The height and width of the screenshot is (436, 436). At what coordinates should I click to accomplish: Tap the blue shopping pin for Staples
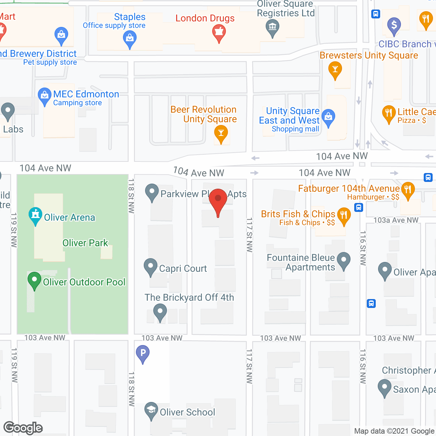point(130,38)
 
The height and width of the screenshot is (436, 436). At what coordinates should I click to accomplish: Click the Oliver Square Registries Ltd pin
point(272,27)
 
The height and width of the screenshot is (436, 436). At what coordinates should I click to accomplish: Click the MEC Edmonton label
point(86,94)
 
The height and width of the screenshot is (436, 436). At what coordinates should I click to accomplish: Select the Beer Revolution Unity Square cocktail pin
point(221,134)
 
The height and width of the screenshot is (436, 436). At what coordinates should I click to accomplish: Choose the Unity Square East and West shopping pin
point(328,117)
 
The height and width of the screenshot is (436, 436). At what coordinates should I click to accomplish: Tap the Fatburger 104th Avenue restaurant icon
point(408,190)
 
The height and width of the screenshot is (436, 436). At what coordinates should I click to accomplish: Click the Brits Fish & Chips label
point(298,214)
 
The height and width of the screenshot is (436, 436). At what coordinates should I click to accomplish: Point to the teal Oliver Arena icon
point(35,215)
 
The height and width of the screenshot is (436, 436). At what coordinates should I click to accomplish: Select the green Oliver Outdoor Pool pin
point(34,280)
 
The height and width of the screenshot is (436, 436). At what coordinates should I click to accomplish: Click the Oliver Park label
point(85,243)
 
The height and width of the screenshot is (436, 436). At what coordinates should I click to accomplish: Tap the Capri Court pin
point(150,266)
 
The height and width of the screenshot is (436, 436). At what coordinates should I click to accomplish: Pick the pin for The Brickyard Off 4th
point(160,312)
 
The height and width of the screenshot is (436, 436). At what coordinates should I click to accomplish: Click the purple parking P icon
point(143,353)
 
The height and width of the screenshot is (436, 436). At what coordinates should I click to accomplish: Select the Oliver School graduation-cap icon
point(151,410)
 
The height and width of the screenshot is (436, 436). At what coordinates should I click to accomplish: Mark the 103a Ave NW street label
point(396,220)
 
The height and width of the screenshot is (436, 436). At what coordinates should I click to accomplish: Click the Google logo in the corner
point(23,428)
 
